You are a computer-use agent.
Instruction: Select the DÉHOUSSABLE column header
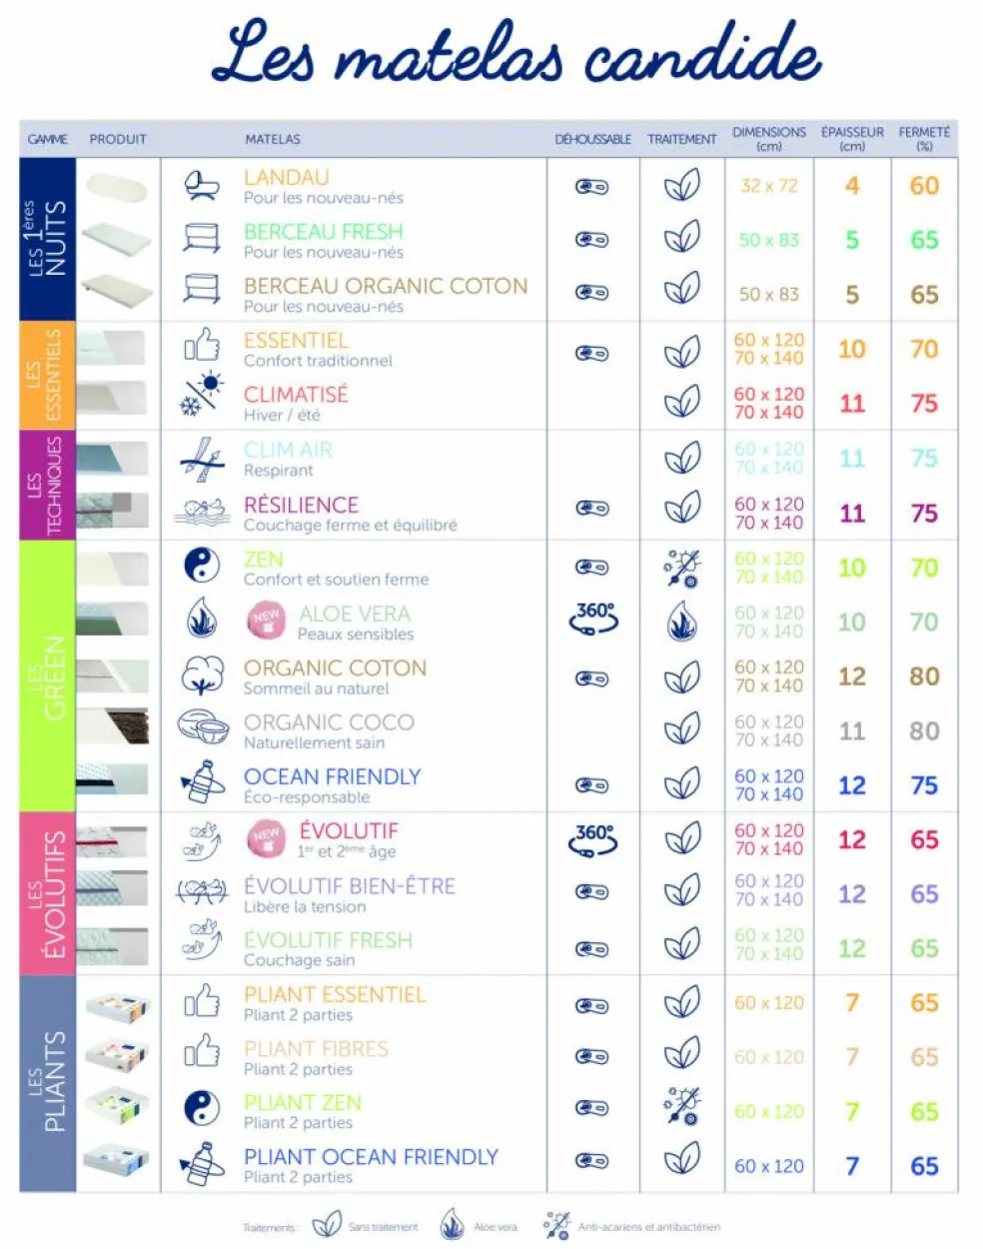pos(592,140)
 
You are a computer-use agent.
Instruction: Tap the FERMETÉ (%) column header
pos(924,138)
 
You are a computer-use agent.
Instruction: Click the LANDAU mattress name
pos(287,178)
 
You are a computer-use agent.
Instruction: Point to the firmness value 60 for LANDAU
pos(924,186)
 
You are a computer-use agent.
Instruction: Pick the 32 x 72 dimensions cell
pos(769,186)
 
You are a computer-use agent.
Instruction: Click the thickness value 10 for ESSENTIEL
pos(851,350)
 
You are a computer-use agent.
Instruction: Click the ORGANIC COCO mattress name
pos(329,722)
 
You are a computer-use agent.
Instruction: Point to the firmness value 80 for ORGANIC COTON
pos(924,676)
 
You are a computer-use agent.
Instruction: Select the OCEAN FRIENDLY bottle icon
pos(203,782)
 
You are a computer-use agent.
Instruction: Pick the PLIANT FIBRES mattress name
pos(316,1049)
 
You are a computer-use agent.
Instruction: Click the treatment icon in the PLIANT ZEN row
pos(682,1107)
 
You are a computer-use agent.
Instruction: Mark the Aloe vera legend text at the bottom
pos(495,1227)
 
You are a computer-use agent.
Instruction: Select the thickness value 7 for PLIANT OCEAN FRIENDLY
pos(851,1166)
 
